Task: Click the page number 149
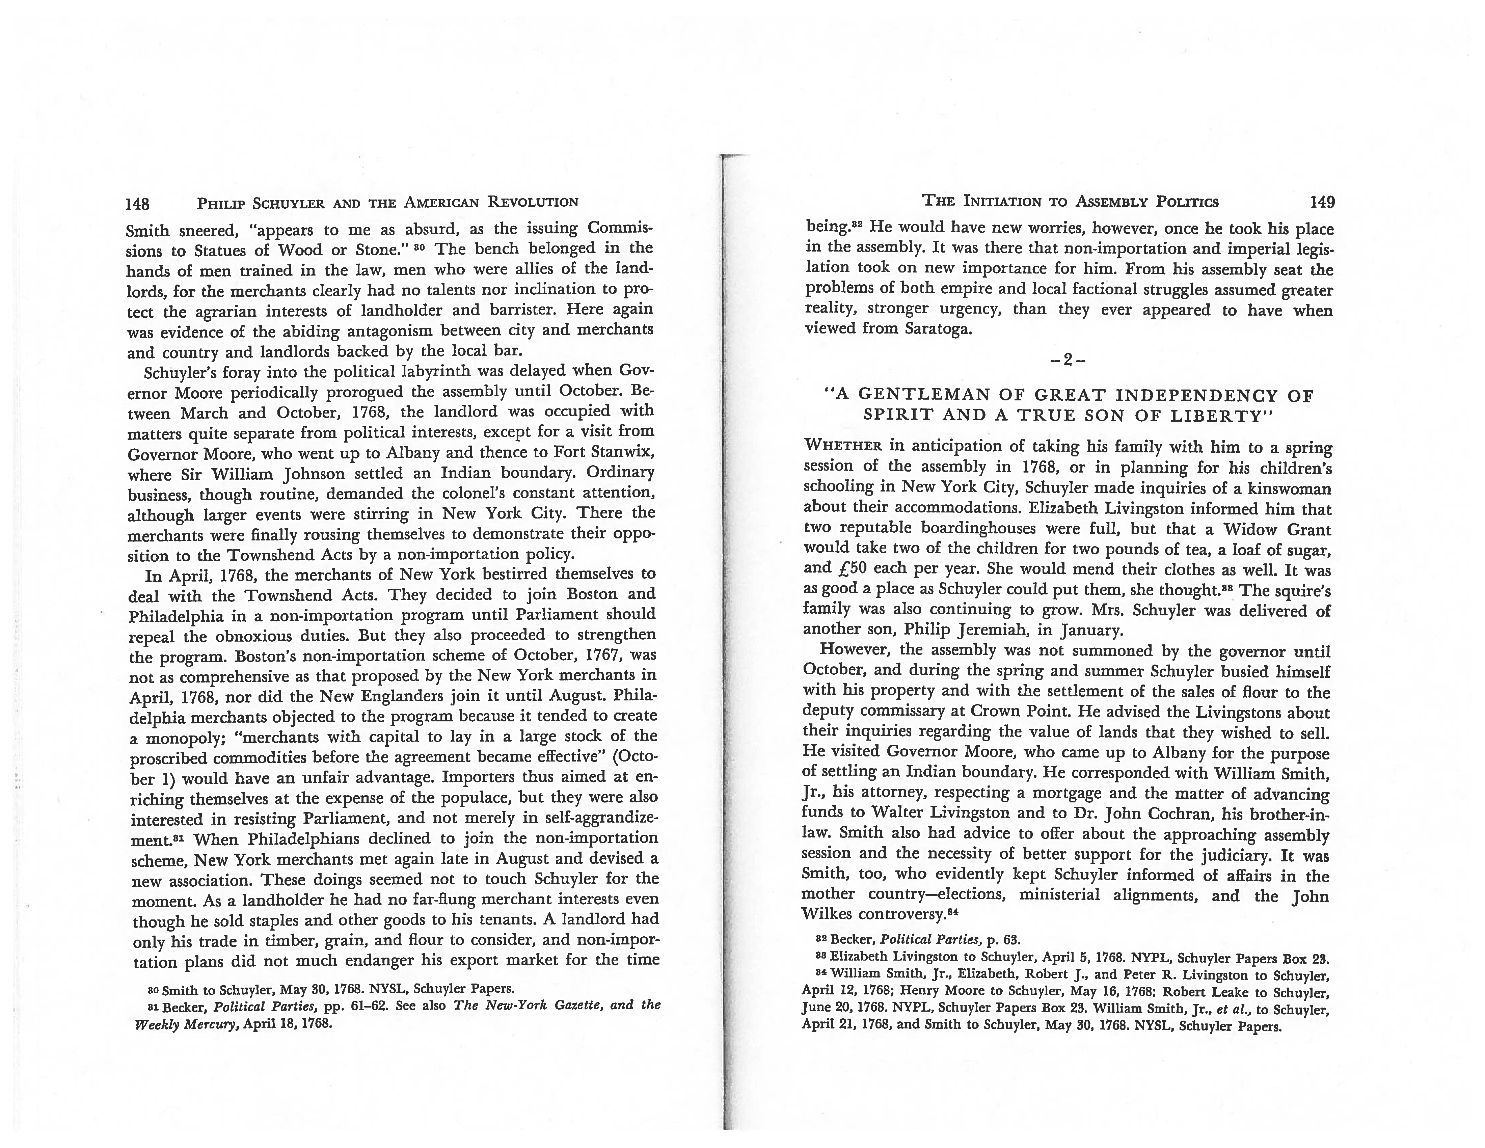[1322, 202]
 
